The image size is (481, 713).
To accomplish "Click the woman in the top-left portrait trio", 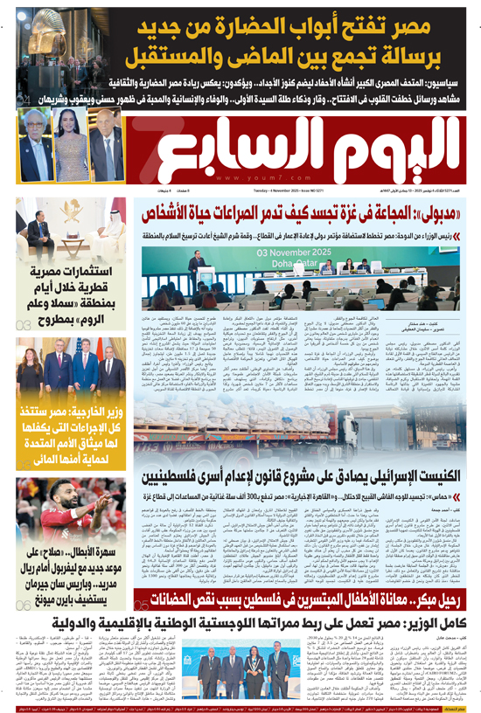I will coord(72,141).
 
